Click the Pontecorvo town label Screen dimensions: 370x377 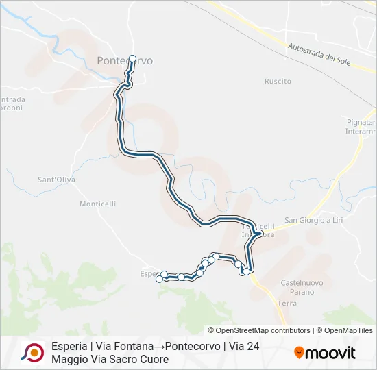[124, 61]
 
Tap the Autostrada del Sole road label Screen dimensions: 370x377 [321, 53]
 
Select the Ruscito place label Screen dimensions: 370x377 [278, 81]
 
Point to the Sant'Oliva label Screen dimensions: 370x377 [56, 180]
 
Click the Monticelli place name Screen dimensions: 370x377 [98, 203]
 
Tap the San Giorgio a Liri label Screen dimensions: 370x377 [313, 220]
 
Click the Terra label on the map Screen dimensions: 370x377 [287, 302]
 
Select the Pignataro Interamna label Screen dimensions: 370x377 [361, 126]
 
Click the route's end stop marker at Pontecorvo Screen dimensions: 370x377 [132, 59]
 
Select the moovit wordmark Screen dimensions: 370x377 [331, 354]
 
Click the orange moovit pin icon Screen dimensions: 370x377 [299, 353]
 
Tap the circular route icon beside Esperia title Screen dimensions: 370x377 [32, 352]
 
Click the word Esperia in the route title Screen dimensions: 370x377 [69, 347]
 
